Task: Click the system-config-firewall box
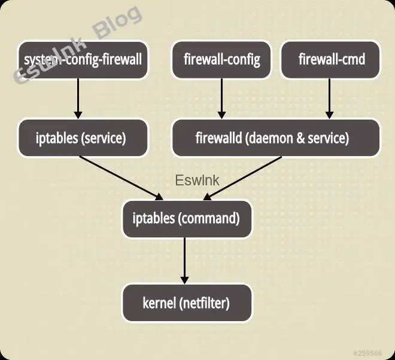click(x=83, y=60)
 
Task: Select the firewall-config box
click(x=222, y=60)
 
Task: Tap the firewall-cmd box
click(x=331, y=60)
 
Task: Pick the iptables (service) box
click(x=83, y=138)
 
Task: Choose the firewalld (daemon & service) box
click(x=276, y=138)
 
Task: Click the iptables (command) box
click(x=186, y=218)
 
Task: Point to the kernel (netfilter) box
click(x=186, y=303)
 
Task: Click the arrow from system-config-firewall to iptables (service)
click(x=78, y=99)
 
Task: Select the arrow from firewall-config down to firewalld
click(x=222, y=99)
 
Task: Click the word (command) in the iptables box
click(x=209, y=218)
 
